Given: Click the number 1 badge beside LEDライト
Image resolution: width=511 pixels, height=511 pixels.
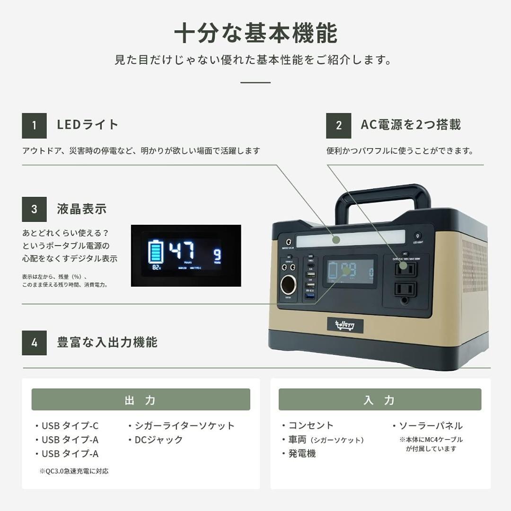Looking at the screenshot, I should coord(34,125).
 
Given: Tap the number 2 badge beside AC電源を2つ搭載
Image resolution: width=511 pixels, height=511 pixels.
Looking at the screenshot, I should coord(338,125).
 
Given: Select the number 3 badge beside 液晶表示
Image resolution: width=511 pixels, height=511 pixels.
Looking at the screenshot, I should coord(34,209).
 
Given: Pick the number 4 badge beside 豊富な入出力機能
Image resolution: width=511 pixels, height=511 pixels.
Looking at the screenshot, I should coord(34,343).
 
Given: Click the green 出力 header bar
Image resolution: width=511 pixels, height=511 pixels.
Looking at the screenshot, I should coord(141,400).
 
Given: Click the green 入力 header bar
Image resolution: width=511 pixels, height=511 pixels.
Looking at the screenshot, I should coord(379,400).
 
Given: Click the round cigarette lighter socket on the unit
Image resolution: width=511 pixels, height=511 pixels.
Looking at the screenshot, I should coord(288,285).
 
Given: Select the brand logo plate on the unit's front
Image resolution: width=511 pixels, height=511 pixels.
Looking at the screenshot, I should coord(345,325).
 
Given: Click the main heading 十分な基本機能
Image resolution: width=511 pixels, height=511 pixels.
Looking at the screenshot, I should coord(255,34).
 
